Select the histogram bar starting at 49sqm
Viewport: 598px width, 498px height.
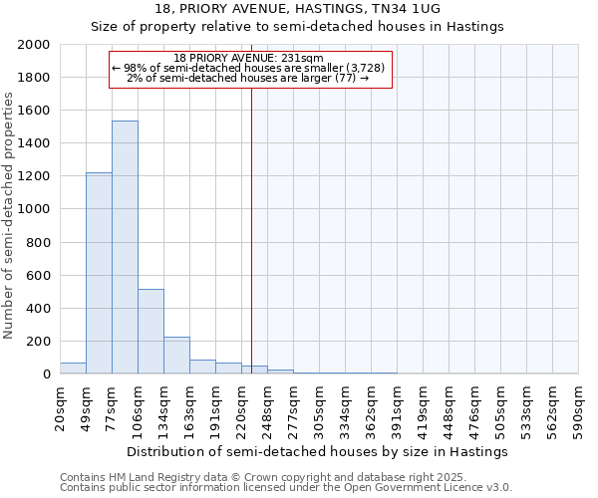coord(99,273)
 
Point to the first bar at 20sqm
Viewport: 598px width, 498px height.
coord(73,369)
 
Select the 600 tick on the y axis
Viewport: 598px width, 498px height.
coord(40,276)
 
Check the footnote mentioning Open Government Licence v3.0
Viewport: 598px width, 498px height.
coord(286,488)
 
